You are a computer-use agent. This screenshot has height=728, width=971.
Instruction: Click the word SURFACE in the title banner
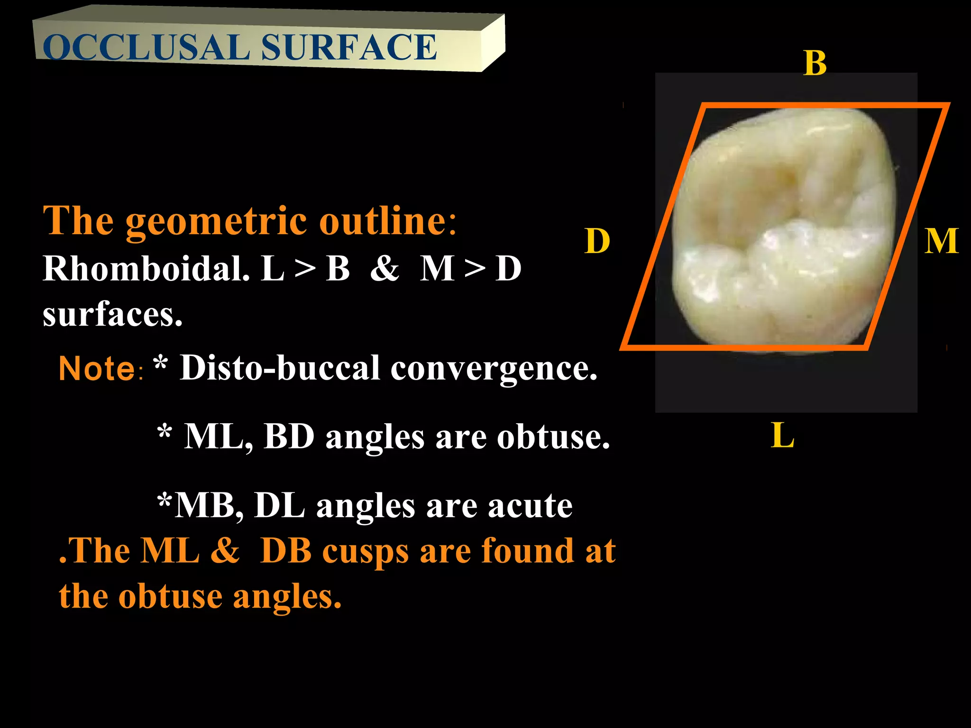tap(348, 47)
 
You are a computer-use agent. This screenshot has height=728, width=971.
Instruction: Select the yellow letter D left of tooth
tap(597, 241)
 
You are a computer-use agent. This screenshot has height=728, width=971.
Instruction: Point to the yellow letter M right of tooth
tap(941, 241)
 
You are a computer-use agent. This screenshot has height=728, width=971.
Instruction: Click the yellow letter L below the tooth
tap(782, 435)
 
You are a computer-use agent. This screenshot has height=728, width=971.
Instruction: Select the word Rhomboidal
tap(146, 269)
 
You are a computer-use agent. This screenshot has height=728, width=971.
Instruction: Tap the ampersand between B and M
tap(385, 269)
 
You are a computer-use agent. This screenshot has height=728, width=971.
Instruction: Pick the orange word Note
tap(97, 369)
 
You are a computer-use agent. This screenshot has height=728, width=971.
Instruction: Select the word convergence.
tap(494, 369)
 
